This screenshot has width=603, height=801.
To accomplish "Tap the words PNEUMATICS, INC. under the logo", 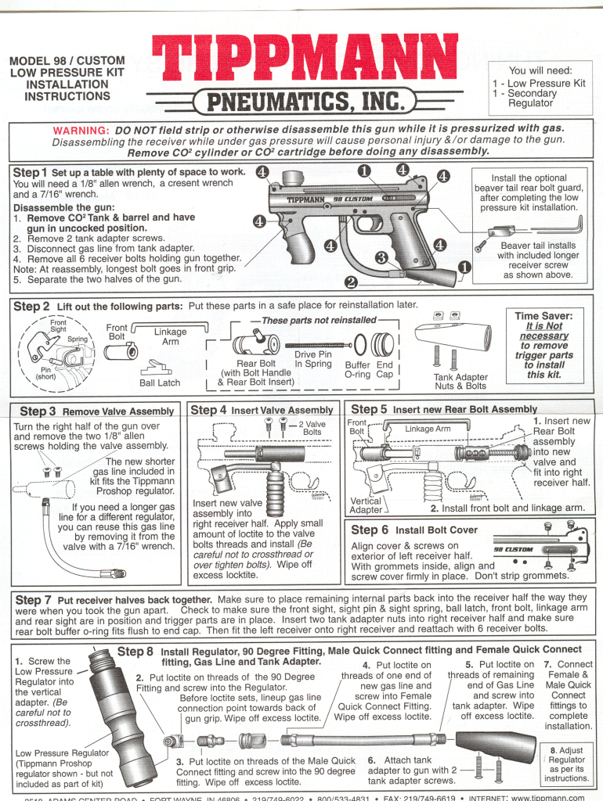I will click(306, 101).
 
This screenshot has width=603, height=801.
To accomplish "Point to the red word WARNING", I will click(81, 130).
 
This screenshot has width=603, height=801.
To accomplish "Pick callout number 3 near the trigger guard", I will click(381, 257).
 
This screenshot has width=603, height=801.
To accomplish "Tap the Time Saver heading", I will click(544, 316).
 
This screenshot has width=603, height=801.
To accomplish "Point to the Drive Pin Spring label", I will click(312, 359).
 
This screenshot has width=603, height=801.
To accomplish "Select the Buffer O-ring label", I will click(357, 369).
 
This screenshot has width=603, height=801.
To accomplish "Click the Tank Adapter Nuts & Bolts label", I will click(460, 381).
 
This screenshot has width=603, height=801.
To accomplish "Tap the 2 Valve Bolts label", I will click(312, 428).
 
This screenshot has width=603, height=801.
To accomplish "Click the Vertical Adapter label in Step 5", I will click(366, 505).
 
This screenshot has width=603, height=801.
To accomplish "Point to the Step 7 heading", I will click(34, 600).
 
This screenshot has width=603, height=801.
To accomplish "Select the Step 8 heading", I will click(135, 650).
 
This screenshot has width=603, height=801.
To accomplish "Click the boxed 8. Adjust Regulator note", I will click(566, 763).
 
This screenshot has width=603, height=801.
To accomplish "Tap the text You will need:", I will click(540, 70).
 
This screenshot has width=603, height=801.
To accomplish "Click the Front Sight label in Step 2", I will click(59, 325).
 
